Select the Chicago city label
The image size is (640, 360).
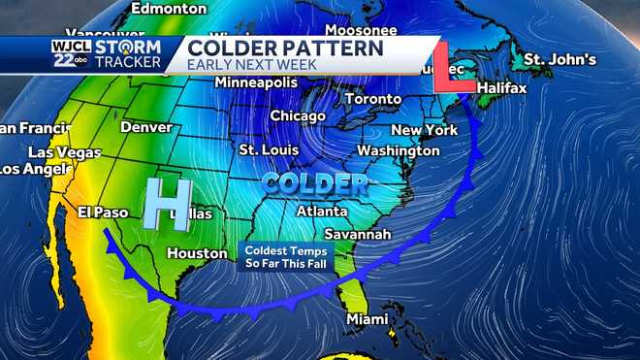(x=298, y=116)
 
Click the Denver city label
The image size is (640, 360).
(x=145, y=127)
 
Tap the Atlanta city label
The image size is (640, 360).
(x=322, y=212)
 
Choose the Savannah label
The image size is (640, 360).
(x=358, y=235)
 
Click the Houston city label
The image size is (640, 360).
(x=197, y=253)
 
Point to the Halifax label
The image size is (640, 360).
(x=501, y=88)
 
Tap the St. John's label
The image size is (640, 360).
(x=560, y=60)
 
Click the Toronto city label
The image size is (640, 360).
(x=373, y=99)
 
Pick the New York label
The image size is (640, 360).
(x=424, y=130)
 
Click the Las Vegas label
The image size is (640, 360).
(x=64, y=153)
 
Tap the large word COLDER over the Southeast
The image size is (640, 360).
(x=314, y=182)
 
